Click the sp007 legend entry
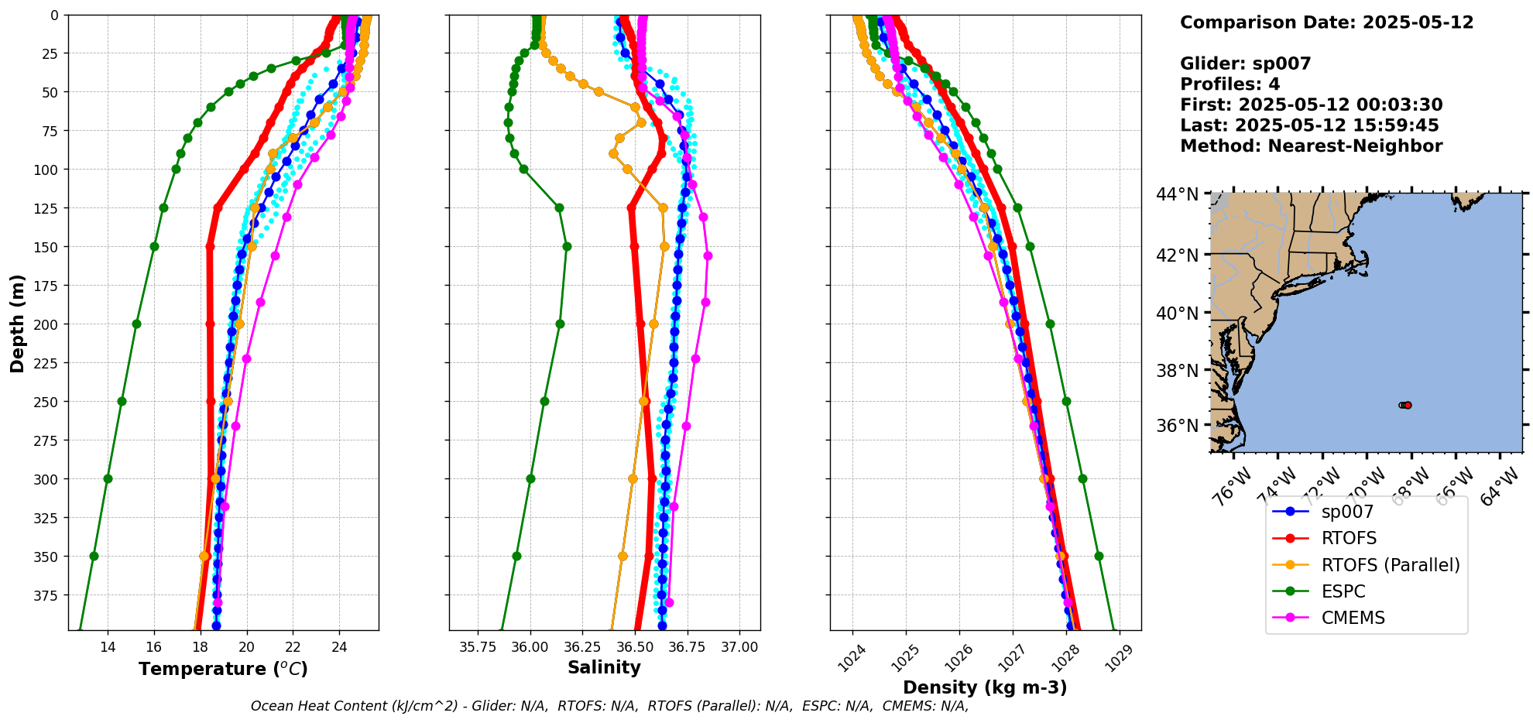(1347, 512)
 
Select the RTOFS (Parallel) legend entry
(1390, 565)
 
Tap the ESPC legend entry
(1343, 591)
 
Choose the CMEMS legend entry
(1353, 618)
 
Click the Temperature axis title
(223, 669)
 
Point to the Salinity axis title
(604, 667)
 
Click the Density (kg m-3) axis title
(985, 687)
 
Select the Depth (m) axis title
(17, 323)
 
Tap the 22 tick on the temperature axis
(293, 647)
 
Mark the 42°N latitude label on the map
(1177, 255)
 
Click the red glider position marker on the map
(1408, 405)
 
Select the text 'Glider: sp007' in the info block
(1245, 63)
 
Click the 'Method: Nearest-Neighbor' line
(1311, 146)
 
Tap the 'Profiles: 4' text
(1229, 84)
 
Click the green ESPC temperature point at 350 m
(94, 556)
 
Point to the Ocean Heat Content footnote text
(609, 706)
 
